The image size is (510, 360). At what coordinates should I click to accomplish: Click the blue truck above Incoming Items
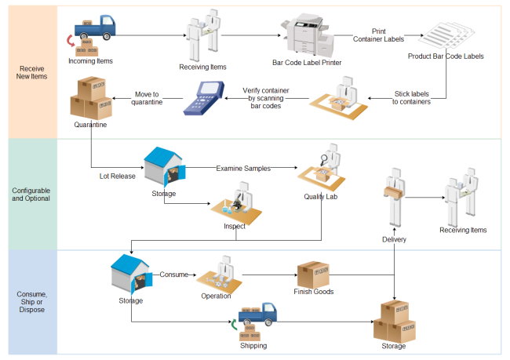97,29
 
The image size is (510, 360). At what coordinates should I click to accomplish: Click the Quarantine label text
91,124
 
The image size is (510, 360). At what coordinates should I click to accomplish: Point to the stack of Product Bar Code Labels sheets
446,36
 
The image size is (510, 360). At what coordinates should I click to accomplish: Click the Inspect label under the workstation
235,227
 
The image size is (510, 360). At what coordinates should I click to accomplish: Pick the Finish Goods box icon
312,275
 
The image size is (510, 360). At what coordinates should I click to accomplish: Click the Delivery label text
394,239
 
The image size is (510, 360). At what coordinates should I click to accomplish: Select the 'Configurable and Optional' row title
31,194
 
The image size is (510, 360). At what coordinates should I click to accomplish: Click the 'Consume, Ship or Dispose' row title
31,301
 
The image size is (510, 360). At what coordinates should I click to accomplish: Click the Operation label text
216,296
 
